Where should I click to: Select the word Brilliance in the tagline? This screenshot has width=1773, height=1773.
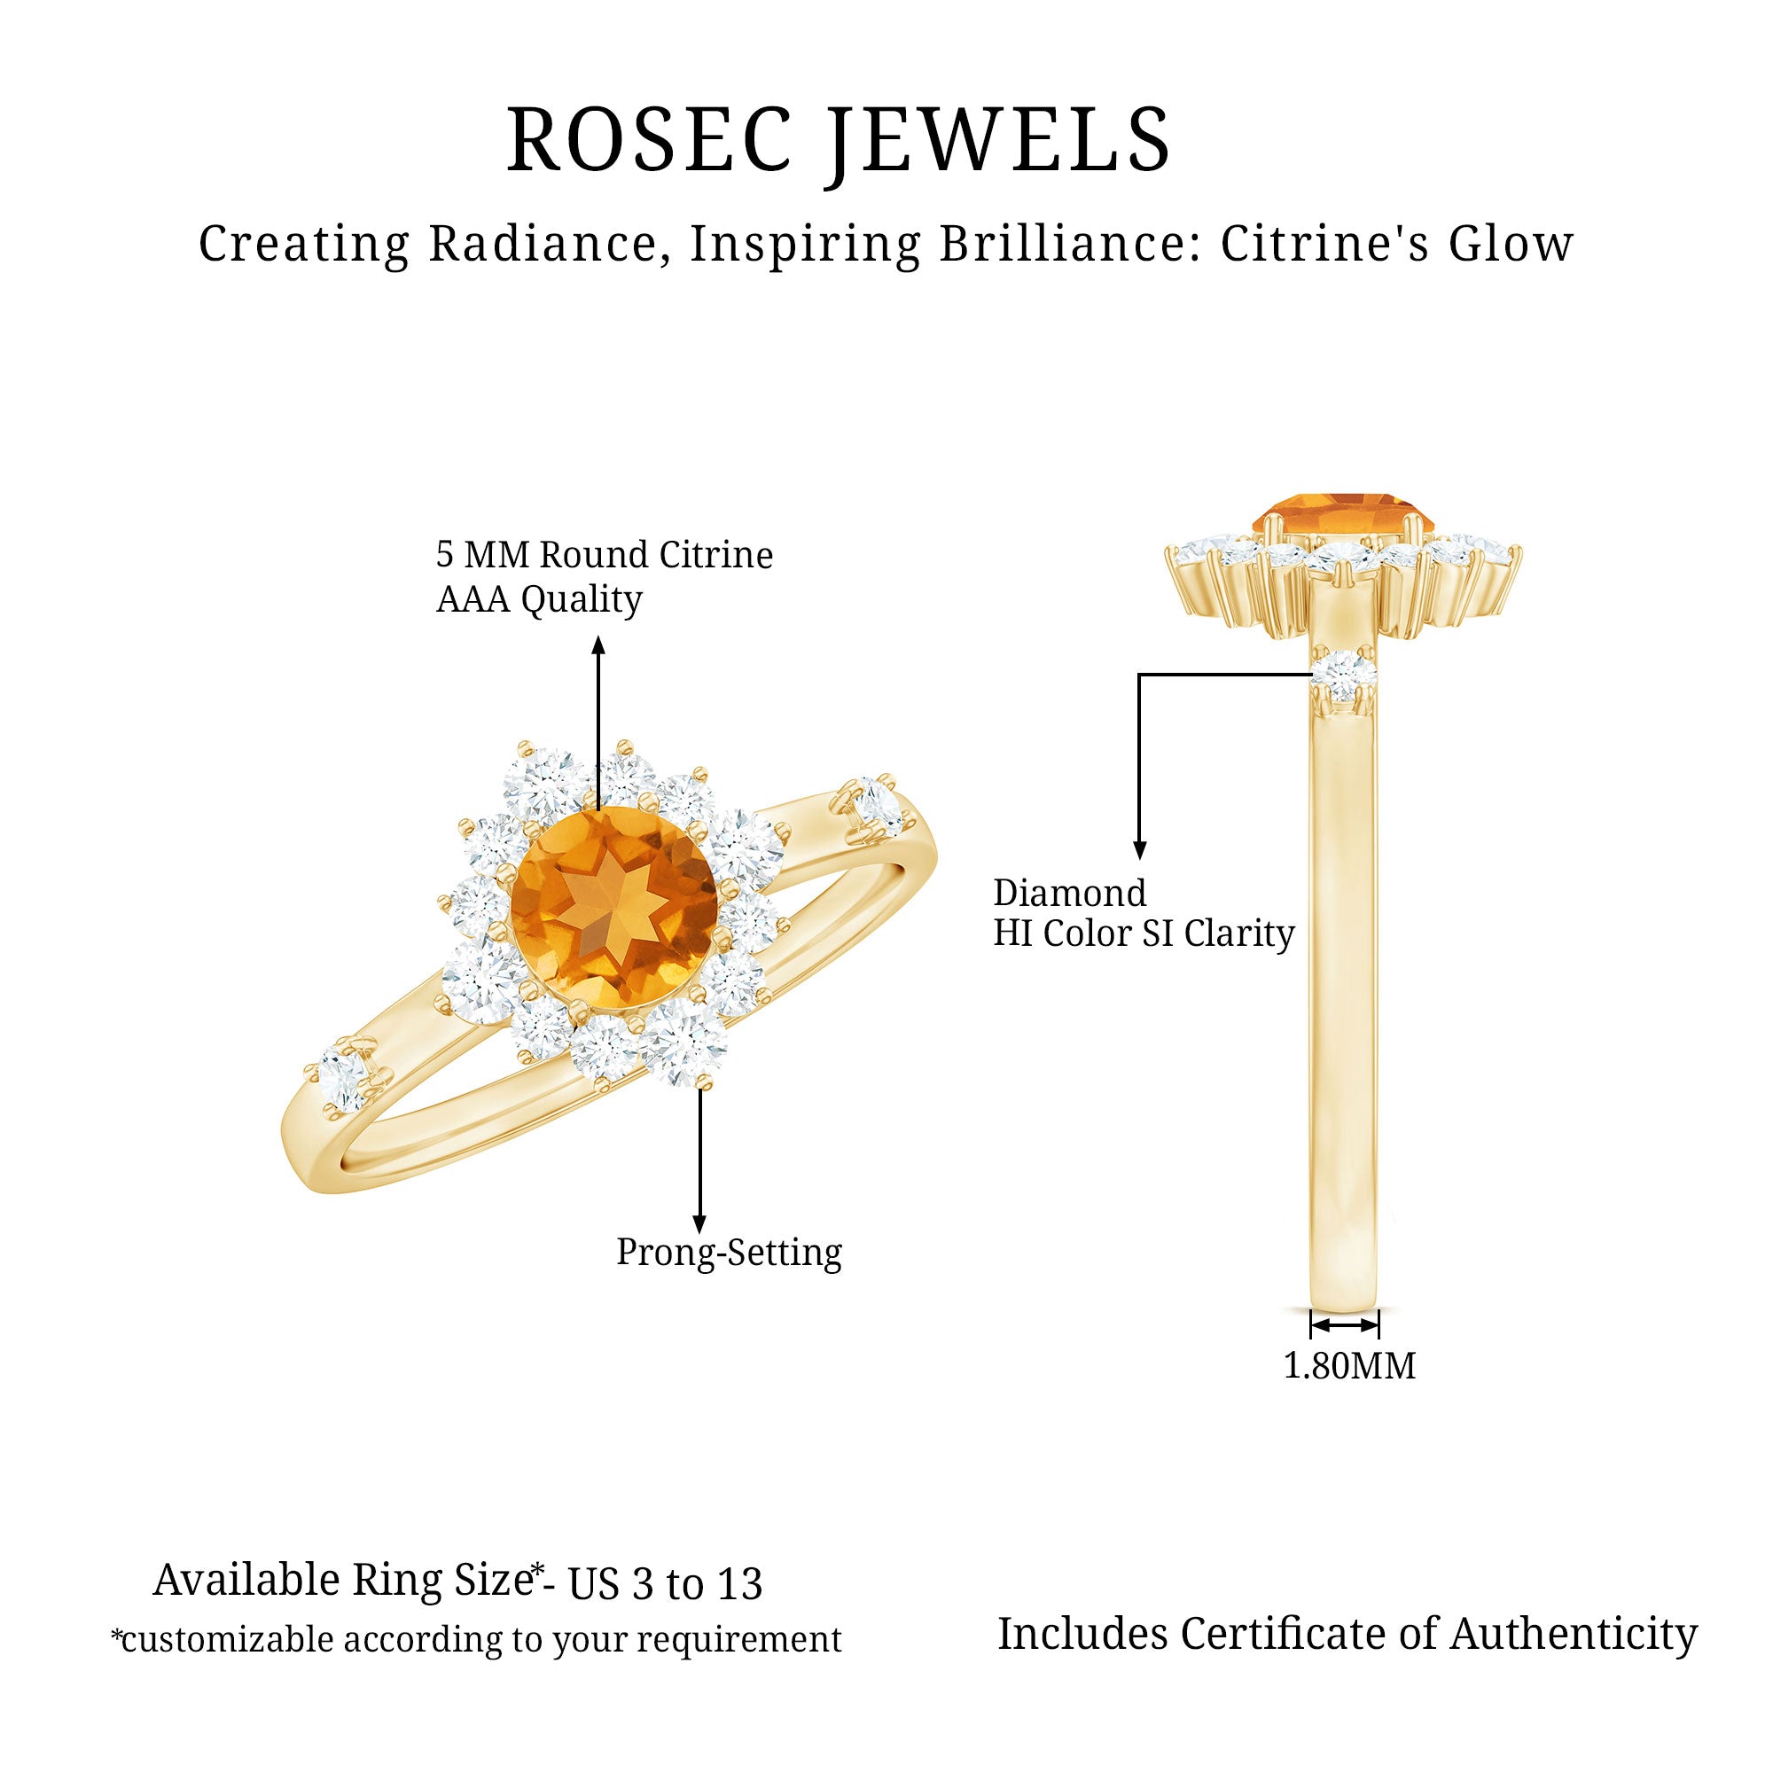1068,244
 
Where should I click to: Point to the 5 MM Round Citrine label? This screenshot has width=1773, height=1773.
604,555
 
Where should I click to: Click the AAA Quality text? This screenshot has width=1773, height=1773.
539,600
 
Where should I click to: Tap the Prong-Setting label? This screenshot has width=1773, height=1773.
729,1252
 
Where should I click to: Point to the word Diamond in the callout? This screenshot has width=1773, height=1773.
1070,893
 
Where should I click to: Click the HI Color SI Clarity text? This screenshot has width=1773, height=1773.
1144,934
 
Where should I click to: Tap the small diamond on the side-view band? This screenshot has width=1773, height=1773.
1346,676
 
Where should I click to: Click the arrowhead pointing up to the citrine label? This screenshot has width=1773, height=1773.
598,644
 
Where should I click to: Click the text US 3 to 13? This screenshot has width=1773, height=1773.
666,1584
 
